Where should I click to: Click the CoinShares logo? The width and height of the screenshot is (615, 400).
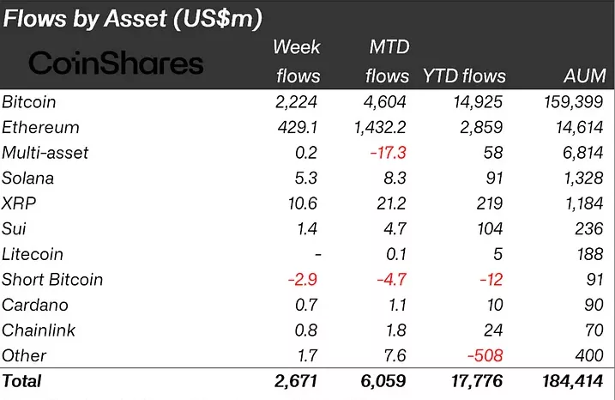[117, 63]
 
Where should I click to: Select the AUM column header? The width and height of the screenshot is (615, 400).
[585, 76]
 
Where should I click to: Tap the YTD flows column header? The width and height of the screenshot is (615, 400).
[464, 76]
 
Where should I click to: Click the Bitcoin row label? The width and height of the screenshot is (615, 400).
[29, 102]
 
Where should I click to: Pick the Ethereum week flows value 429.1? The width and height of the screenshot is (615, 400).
[296, 128]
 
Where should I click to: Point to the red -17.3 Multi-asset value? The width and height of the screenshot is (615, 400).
[388, 153]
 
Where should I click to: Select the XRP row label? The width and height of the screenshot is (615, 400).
[19, 203]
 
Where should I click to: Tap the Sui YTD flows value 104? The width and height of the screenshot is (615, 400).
[491, 229]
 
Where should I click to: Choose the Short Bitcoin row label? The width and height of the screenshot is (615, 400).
[52, 280]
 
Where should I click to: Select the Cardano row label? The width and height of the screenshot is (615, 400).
[35, 305]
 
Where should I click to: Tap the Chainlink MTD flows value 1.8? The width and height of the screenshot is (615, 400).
[395, 330]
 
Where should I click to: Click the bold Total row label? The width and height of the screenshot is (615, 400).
[22, 380]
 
